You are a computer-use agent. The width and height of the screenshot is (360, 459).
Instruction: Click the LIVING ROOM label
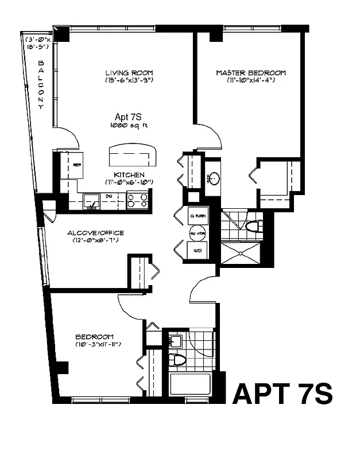[129, 73]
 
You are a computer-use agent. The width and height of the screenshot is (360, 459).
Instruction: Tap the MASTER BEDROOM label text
[251, 73]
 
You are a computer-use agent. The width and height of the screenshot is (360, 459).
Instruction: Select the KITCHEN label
[129, 174]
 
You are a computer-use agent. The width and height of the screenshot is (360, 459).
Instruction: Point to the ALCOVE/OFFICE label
[95, 233]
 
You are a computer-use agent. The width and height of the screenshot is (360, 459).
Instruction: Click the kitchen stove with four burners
[138, 200]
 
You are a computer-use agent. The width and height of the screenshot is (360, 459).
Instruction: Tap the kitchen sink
[91, 201]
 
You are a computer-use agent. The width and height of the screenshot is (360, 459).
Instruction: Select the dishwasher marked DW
[109, 197]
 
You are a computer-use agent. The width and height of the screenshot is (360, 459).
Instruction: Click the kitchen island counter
[133, 155]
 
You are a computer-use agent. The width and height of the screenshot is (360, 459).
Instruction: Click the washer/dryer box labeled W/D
[198, 251]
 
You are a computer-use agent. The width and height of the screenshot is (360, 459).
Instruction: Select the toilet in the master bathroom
[253, 226]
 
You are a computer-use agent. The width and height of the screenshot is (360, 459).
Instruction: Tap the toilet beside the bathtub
[178, 360]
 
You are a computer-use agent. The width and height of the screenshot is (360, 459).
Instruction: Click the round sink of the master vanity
[212, 177]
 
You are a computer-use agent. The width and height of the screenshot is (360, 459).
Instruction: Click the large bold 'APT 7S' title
[282, 395]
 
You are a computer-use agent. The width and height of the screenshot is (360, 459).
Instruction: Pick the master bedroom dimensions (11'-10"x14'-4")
[251, 80]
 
